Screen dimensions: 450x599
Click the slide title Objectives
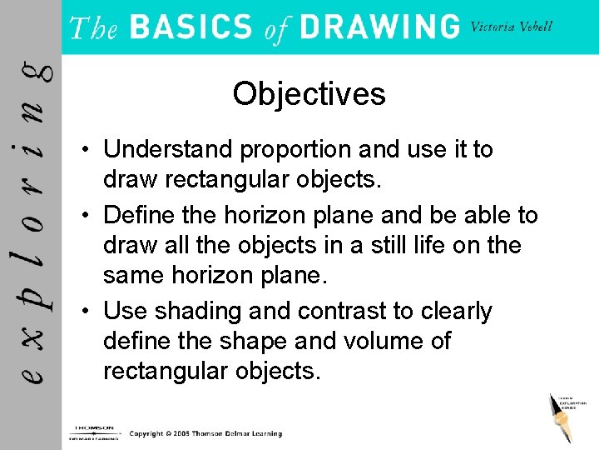point(309,94)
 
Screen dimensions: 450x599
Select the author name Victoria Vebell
point(511,27)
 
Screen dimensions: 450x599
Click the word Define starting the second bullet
point(139,216)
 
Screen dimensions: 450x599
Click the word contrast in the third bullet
point(342,312)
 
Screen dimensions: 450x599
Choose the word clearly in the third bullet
point(456,312)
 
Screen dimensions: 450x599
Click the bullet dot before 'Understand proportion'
point(86,151)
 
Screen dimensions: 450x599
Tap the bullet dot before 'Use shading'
point(86,312)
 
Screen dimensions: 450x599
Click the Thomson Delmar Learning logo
point(92,431)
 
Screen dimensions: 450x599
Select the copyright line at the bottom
point(205,433)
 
